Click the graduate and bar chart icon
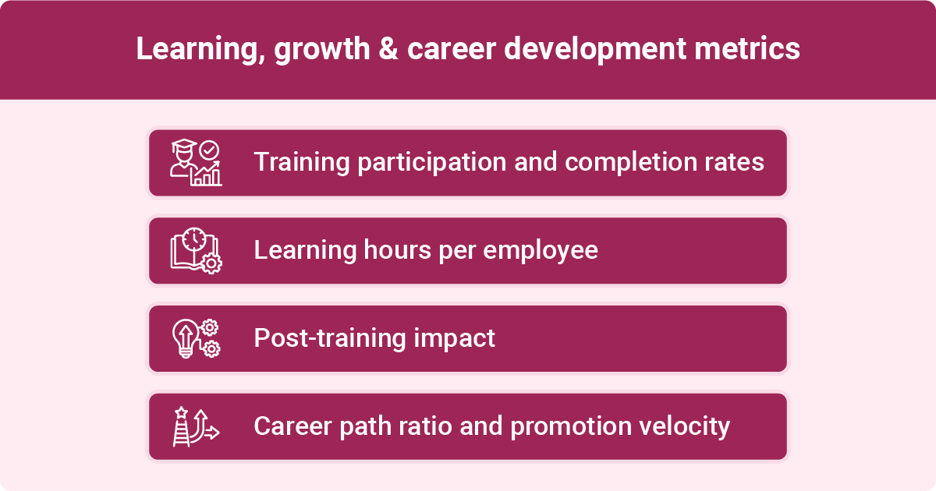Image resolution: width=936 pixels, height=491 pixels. click(x=196, y=163)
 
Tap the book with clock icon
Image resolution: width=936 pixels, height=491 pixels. click(x=196, y=250)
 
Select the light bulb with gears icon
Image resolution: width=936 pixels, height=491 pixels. click(x=196, y=338)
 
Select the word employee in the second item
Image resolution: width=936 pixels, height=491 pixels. click(x=541, y=250)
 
